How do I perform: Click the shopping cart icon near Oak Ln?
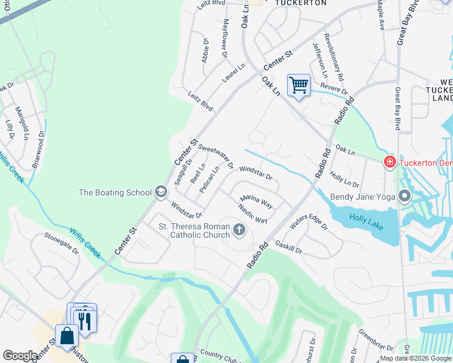299,85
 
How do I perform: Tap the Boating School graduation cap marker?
160,192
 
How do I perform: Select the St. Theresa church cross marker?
239,230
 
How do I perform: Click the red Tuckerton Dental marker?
389,162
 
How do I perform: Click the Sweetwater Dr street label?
216,156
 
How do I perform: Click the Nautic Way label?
253,212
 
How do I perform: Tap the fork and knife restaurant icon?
83,321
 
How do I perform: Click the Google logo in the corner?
20,356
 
